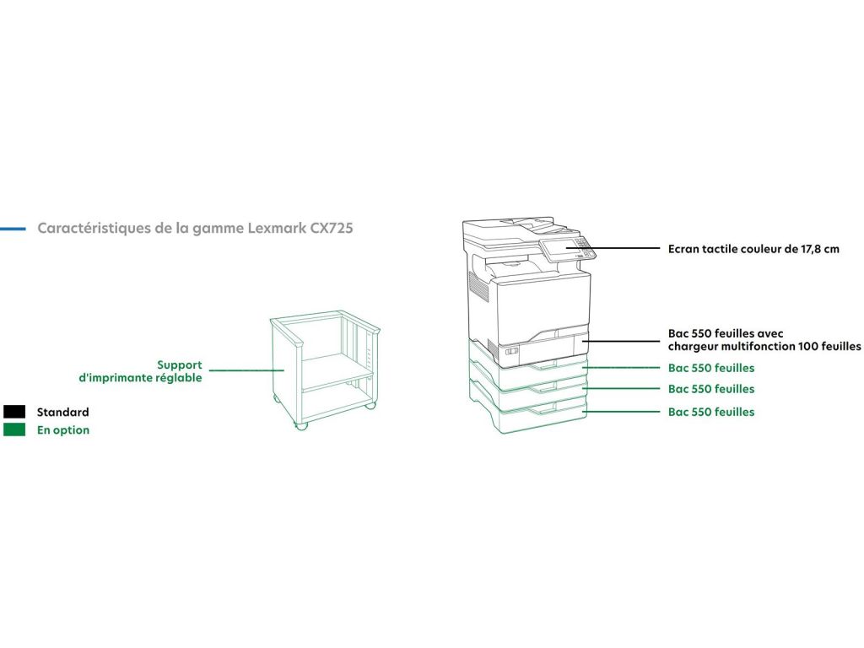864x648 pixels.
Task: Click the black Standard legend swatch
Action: pyautogui.click(x=14, y=412)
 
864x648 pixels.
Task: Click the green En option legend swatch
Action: pyautogui.click(x=14, y=429)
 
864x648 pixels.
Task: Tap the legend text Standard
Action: pyautogui.click(x=62, y=413)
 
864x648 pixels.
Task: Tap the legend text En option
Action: pyautogui.click(x=63, y=430)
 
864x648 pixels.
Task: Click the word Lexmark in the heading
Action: pyautogui.click(x=277, y=229)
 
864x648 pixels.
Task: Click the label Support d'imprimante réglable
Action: pyautogui.click(x=140, y=371)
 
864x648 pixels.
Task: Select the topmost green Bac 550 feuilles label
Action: pyautogui.click(x=711, y=368)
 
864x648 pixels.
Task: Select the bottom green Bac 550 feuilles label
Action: pyautogui.click(x=711, y=412)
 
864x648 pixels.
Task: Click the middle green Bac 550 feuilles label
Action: pyautogui.click(x=711, y=389)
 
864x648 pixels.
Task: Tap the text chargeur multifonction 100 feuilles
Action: pyautogui.click(x=764, y=346)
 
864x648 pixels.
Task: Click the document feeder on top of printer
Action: pyautogui.click(x=510, y=226)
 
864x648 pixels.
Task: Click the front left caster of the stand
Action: pyautogui.click(x=302, y=424)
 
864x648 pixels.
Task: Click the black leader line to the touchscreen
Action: pyautogui.click(x=624, y=249)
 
